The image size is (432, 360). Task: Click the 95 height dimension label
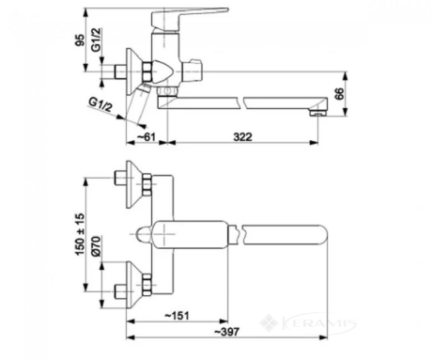[80, 40]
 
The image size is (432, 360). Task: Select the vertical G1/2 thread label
[97, 39]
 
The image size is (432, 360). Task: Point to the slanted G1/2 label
[100, 104]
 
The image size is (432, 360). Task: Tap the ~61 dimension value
[147, 137]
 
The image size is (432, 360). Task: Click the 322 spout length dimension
[242, 137]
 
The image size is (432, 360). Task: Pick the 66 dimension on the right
[339, 94]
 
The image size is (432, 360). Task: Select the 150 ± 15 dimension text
[80, 234]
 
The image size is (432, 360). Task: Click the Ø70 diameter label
[96, 246]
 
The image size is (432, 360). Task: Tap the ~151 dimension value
[177, 316]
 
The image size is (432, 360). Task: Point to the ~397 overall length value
[227, 332]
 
